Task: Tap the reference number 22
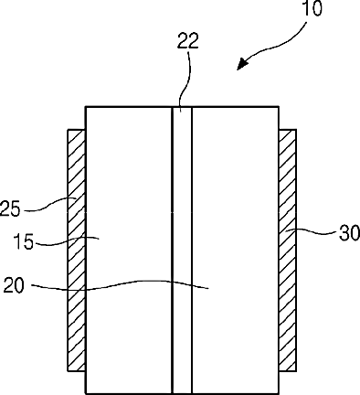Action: click(x=188, y=41)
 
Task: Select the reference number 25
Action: click(x=10, y=208)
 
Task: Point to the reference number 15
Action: click(x=23, y=242)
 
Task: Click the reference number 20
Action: click(x=14, y=285)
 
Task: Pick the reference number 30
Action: click(x=350, y=233)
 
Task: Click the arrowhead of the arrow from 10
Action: click(x=243, y=64)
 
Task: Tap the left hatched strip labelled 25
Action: click(x=76, y=251)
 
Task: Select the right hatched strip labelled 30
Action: click(x=287, y=251)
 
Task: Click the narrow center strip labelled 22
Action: click(x=182, y=251)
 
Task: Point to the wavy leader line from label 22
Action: click(x=185, y=80)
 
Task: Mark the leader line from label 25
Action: click(x=49, y=205)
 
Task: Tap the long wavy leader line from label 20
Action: click(x=120, y=285)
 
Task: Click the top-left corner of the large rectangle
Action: click(x=86, y=107)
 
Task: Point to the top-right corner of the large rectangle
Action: click(x=279, y=107)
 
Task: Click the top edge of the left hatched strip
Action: click(x=76, y=130)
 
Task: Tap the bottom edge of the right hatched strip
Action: click(x=287, y=371)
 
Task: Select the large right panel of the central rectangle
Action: click(x=235, y=251)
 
